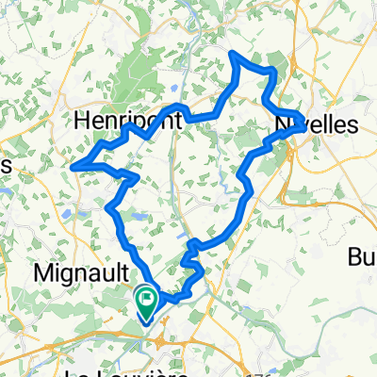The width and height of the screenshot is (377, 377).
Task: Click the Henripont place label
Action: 126,121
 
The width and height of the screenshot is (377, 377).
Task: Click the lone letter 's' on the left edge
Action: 5,164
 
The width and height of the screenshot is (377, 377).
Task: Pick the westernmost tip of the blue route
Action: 73,166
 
